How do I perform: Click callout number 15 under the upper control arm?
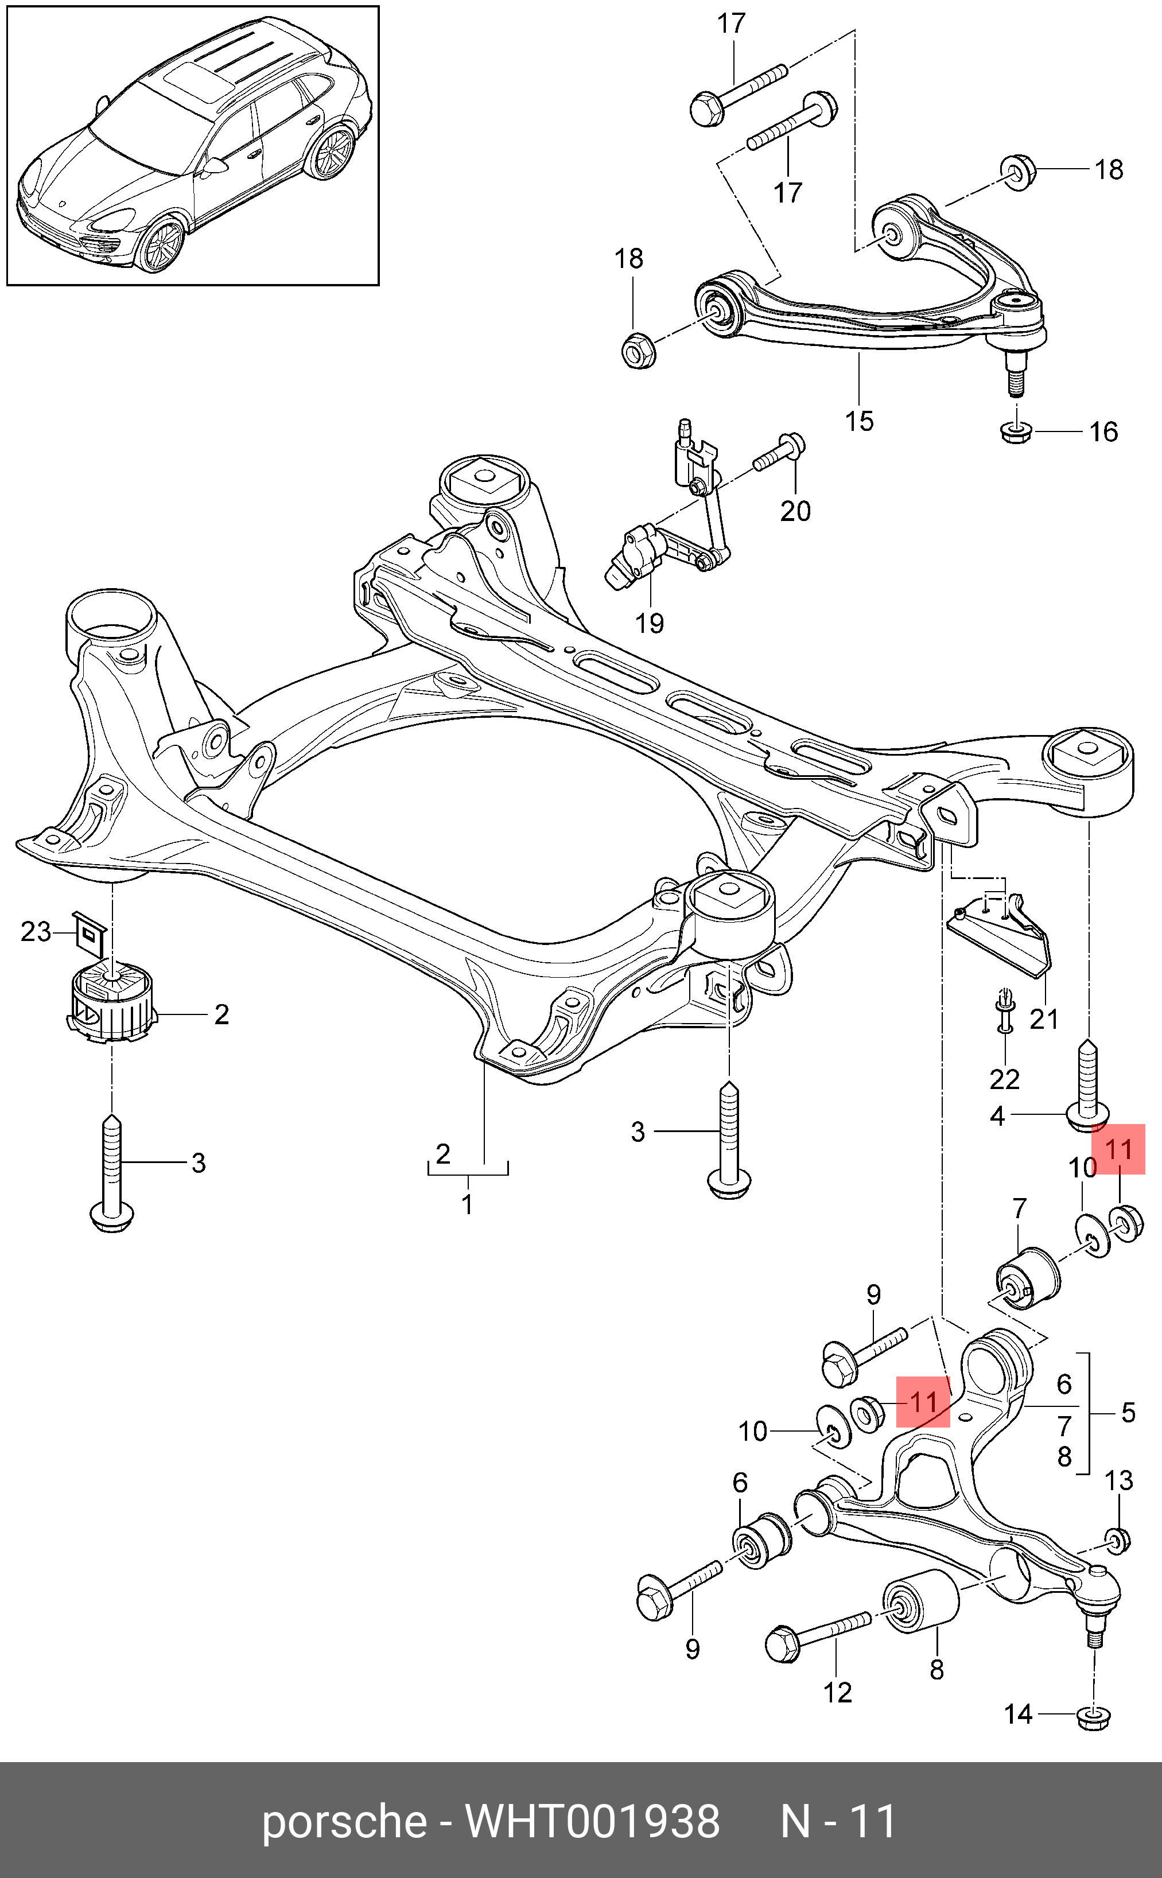point(859,421)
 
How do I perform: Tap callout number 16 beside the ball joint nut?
point(1103,432)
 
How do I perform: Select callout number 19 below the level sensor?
point(650,623)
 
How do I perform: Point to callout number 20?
point(795,511)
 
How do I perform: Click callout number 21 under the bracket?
point(1044,1019)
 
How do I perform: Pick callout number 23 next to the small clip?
point(36,932)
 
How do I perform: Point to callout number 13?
point(1119,1481)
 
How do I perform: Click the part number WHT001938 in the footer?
point(593,1821)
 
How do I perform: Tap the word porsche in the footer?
point(344,1821)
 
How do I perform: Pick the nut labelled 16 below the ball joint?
point(1017,433)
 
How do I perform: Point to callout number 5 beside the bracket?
point(1128,1412)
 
